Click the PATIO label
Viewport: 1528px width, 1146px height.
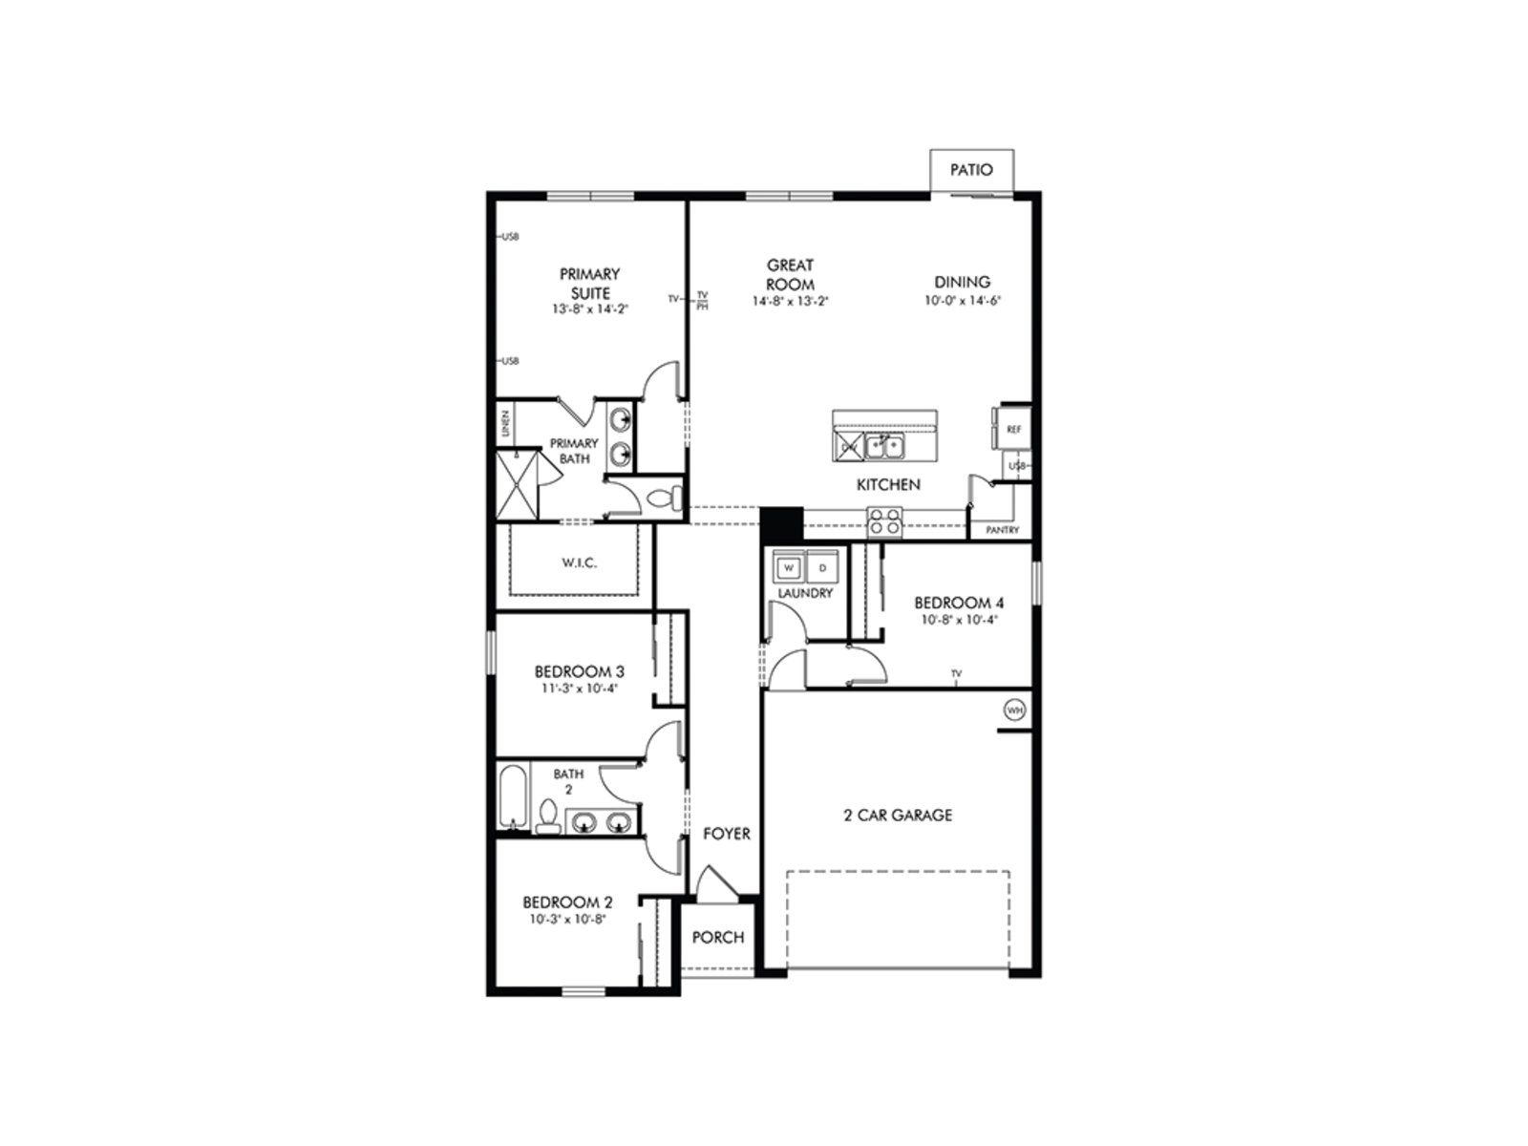coord(970,170)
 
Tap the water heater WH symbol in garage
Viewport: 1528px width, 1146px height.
coord(1013,710)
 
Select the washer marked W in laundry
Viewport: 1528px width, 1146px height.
coord(789,568)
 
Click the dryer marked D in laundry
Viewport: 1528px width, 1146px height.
coord(823,568)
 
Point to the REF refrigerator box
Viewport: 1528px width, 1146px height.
coord(1013,430)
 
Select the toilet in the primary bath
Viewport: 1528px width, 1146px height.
coord(665,497)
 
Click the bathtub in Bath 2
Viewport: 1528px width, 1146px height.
coord(512,796)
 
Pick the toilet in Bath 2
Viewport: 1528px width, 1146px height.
coord(548,817)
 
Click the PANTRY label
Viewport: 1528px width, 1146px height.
coord(1002,530)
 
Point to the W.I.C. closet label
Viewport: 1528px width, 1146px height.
coord(579,562)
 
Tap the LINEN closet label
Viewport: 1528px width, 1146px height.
coord(505,425)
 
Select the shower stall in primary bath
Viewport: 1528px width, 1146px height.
coord(517,485)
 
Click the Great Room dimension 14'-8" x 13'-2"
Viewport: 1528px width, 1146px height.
coord(789,301)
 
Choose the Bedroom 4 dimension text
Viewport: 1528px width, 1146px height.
coord(958,620)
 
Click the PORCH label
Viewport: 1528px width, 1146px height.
coord(717,937)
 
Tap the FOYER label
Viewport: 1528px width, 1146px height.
coord(726,834)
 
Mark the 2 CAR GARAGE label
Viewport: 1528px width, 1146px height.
coord(898,815)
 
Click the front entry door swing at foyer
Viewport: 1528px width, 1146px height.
coord(714,883)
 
